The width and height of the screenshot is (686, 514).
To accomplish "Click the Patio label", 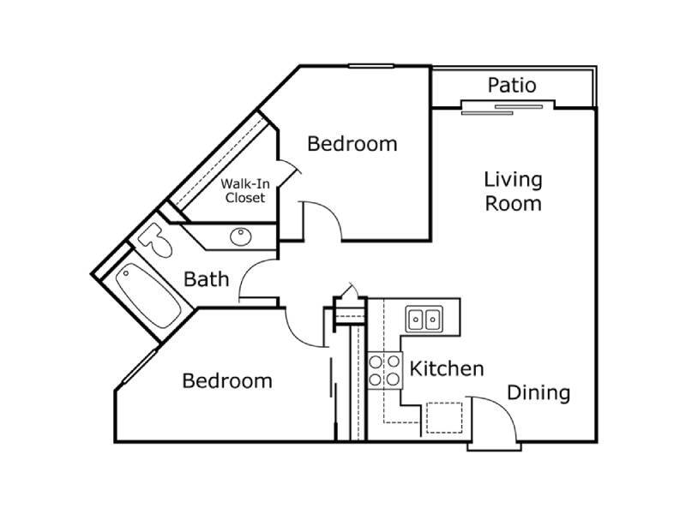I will point(512,86).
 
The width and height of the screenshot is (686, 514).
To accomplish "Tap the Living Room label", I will point(513,191).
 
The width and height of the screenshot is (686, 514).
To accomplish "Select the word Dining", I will point(539,393).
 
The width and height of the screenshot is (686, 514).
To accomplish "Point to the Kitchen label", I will point(446,369).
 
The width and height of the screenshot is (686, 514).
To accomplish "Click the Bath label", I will point(207,278).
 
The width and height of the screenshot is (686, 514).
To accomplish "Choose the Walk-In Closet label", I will point(244,190).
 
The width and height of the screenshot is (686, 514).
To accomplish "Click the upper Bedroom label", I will point(352,143).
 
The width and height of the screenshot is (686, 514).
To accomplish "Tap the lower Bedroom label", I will point(227,380).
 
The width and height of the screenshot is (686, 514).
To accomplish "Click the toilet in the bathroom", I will point(156,240).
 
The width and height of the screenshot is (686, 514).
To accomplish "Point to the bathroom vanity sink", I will point(238,236).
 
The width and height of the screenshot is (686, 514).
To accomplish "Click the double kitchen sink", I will point(424,320).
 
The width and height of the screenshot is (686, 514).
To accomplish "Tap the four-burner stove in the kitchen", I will point(385,369).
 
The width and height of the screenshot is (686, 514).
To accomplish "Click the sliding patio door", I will point(506,107).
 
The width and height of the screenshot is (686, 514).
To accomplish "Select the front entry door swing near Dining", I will point(495,420).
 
